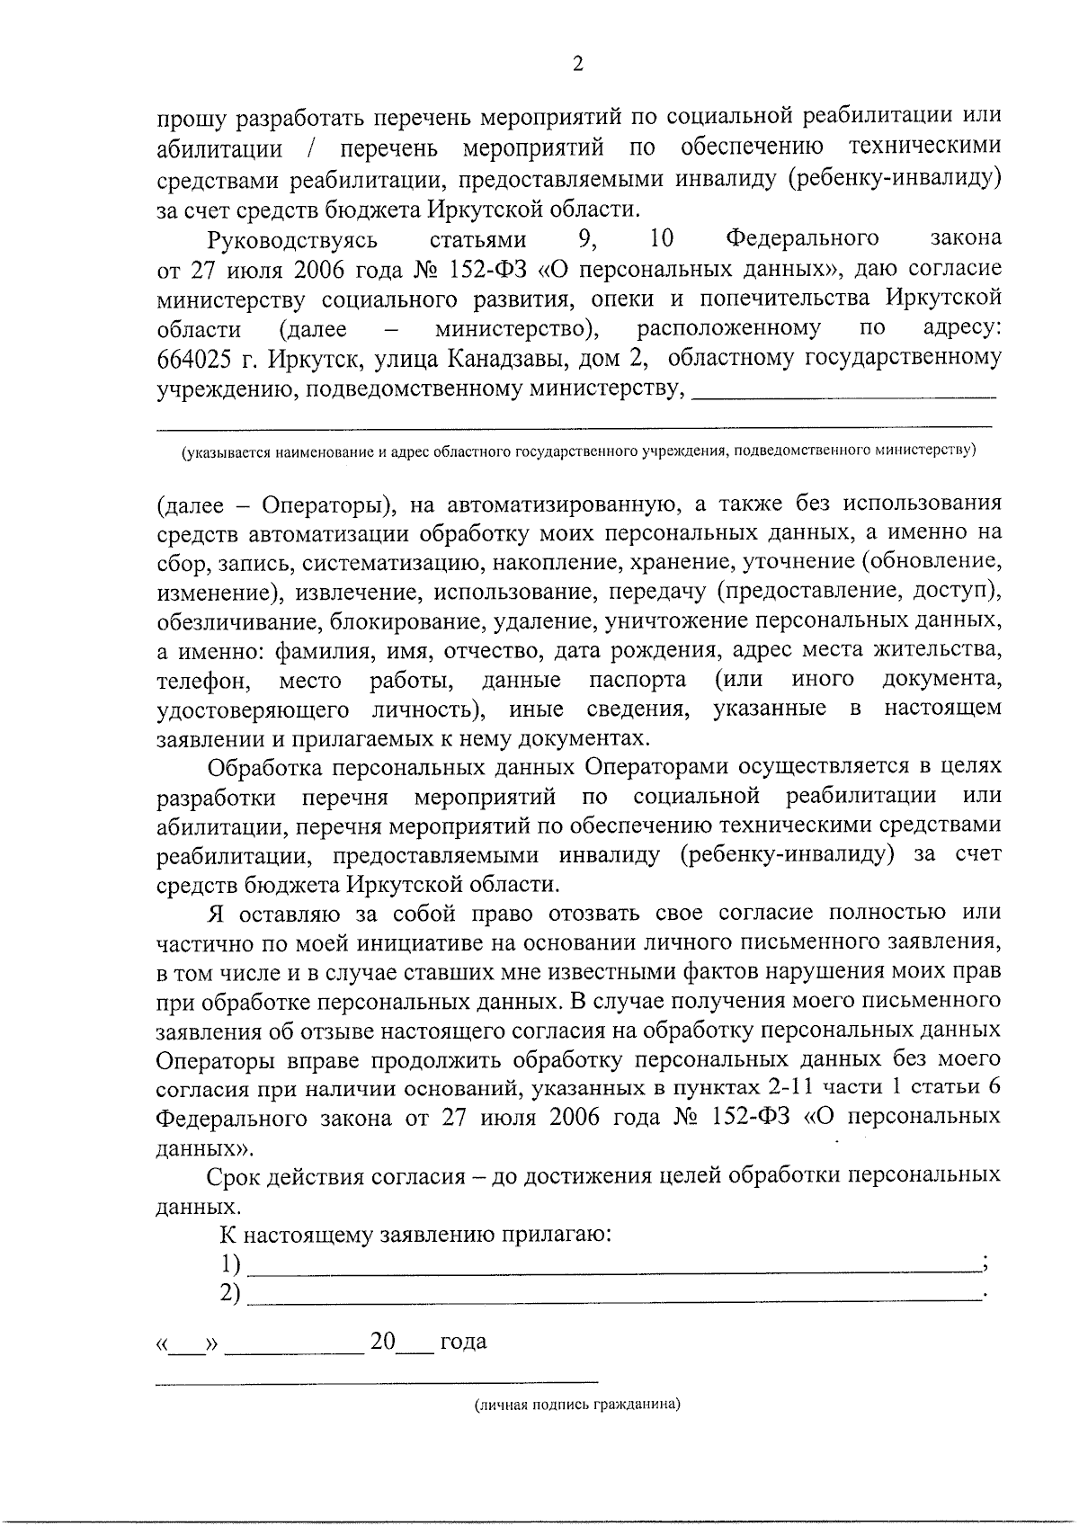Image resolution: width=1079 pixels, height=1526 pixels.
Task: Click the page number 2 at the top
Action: click(578, 64)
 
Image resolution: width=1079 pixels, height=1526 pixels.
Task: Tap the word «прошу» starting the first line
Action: click(185, 118)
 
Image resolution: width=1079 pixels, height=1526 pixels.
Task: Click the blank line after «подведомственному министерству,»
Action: click(845, 392)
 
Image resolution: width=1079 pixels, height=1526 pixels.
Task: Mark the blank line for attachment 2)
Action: click(611, 1295)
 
